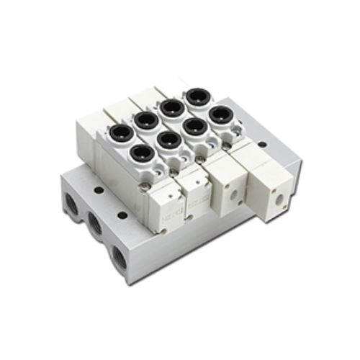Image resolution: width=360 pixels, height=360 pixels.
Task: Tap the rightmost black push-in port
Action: (219, 114)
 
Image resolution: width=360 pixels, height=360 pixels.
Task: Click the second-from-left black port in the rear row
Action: (170, 107)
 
